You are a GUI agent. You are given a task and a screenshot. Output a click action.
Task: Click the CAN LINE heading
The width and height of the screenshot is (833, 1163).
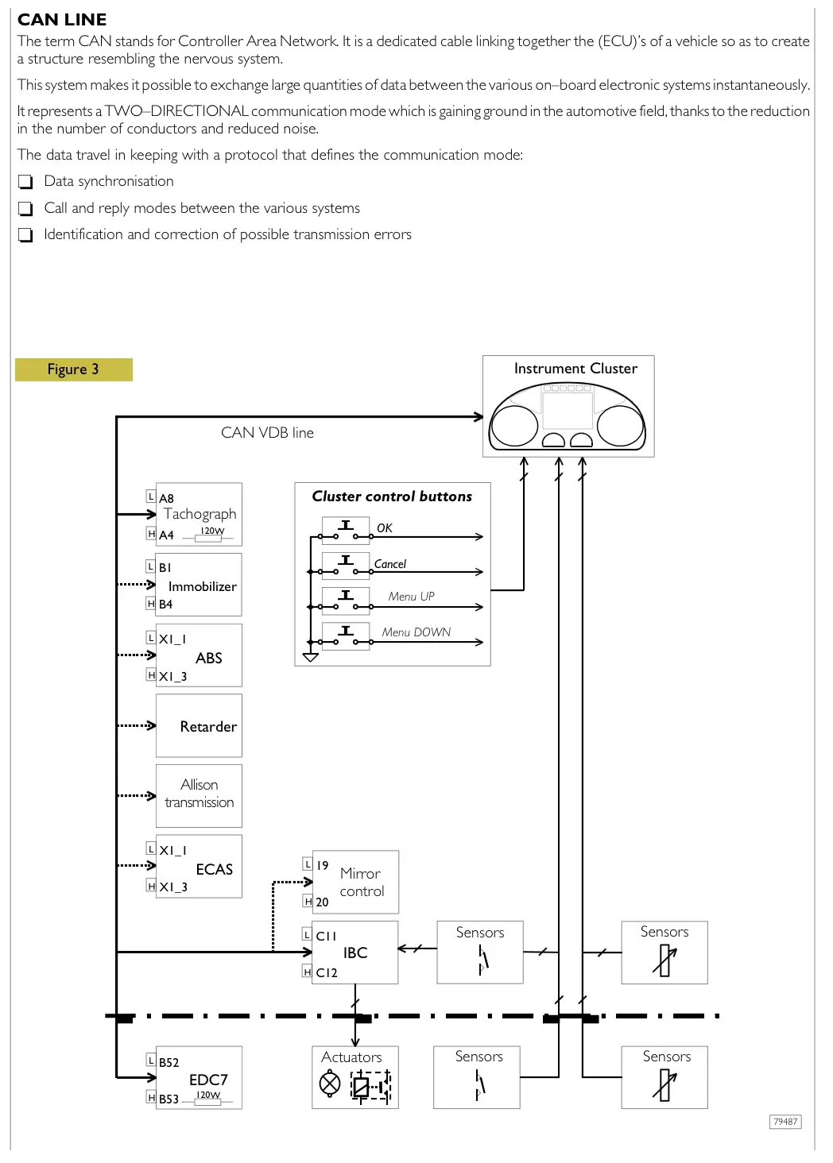coord(62,20)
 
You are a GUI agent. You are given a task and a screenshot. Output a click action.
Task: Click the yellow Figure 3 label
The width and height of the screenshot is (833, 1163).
coord(73,369)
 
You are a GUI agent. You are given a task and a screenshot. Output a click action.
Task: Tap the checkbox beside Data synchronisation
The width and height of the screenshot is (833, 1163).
coord(25,182)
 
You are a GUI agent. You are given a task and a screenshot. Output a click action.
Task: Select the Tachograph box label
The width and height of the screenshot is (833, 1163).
coord(200,514)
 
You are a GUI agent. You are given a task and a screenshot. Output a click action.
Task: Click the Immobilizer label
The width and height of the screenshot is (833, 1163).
coord(202,586)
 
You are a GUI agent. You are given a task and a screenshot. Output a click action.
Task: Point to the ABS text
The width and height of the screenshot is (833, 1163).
coord(208,658)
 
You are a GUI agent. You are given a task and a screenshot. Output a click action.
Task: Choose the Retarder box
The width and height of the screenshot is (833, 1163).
coord(200,726)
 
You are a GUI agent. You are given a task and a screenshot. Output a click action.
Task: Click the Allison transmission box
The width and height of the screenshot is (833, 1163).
coord(199,794)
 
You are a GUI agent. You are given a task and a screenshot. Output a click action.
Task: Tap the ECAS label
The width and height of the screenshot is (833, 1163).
coord(214,869)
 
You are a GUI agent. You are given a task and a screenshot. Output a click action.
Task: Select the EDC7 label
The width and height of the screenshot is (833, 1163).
coord(208,1080)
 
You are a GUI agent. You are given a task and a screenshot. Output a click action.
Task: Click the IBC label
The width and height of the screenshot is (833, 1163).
coord(355,952)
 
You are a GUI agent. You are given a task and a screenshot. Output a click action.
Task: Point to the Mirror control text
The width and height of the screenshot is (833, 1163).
coord(362,883)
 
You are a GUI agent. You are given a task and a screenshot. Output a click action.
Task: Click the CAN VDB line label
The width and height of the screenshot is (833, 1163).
coord(267,433)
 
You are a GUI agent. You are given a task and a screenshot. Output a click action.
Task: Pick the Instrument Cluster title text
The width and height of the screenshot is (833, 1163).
coord(575,369)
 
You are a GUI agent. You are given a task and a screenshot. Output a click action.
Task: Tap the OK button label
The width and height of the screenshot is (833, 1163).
coord(384,528)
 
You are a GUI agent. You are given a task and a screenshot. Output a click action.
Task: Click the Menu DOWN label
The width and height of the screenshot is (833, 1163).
coord(416,632)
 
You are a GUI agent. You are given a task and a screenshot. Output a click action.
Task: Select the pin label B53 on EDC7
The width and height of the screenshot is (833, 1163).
coord(169,1099)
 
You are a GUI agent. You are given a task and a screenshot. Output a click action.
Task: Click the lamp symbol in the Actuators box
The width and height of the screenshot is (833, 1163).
coord(330,1084)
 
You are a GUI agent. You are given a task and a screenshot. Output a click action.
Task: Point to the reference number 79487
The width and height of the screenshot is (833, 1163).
coord(785,1122)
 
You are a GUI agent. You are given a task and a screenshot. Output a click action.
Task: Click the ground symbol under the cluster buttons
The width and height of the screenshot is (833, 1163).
coord(311,658)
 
